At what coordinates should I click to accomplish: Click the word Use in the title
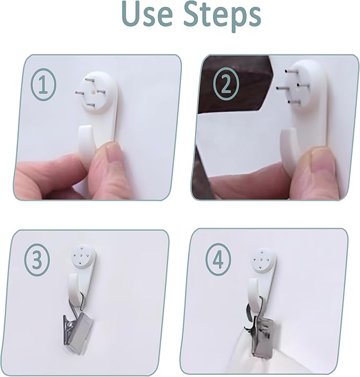click(147, 14)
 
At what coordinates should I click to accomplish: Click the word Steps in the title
click(222, 16)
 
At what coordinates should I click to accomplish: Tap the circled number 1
click(43, 84)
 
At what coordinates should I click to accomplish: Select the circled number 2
click(226, 84)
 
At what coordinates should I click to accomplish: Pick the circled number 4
click(218, 259)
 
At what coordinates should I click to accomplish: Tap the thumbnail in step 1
click(113, 154)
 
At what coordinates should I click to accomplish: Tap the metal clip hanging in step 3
click(77, 330)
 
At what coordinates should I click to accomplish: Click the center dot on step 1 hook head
click(93, 92)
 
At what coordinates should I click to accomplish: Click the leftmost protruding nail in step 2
click(282, 88)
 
